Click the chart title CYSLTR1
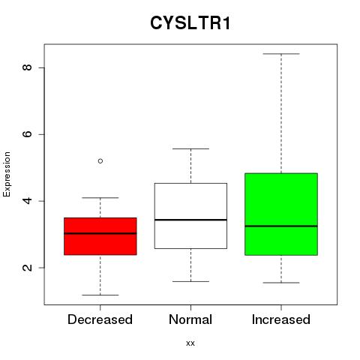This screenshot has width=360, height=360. (x=190, y=23)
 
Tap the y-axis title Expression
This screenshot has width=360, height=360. (x=7, y=174)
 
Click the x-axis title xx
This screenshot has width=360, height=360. (x=190, y=343)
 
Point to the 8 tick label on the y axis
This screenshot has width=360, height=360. (x=27, y=67)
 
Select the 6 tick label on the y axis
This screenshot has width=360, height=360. (x=27, y=134)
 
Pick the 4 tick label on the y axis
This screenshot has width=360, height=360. (x=27, y=201)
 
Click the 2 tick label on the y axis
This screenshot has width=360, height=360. (x=27, y=268)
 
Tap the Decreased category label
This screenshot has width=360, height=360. (x=100, y=319)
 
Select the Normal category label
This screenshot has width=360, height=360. (x=190, y=319)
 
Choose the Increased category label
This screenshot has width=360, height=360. (x=281, y=319)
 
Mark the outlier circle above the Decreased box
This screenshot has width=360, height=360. (x=100, y=161)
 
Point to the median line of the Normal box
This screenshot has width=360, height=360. (x=190, y=220)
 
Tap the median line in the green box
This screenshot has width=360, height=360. (x=281, y=226)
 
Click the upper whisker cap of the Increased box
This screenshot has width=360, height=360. (x=281, y=54)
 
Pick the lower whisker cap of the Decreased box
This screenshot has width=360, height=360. (x=100, y=295)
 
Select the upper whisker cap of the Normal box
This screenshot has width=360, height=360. (x=190, y=148)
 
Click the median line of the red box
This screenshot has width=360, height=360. (x=100, y=233)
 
